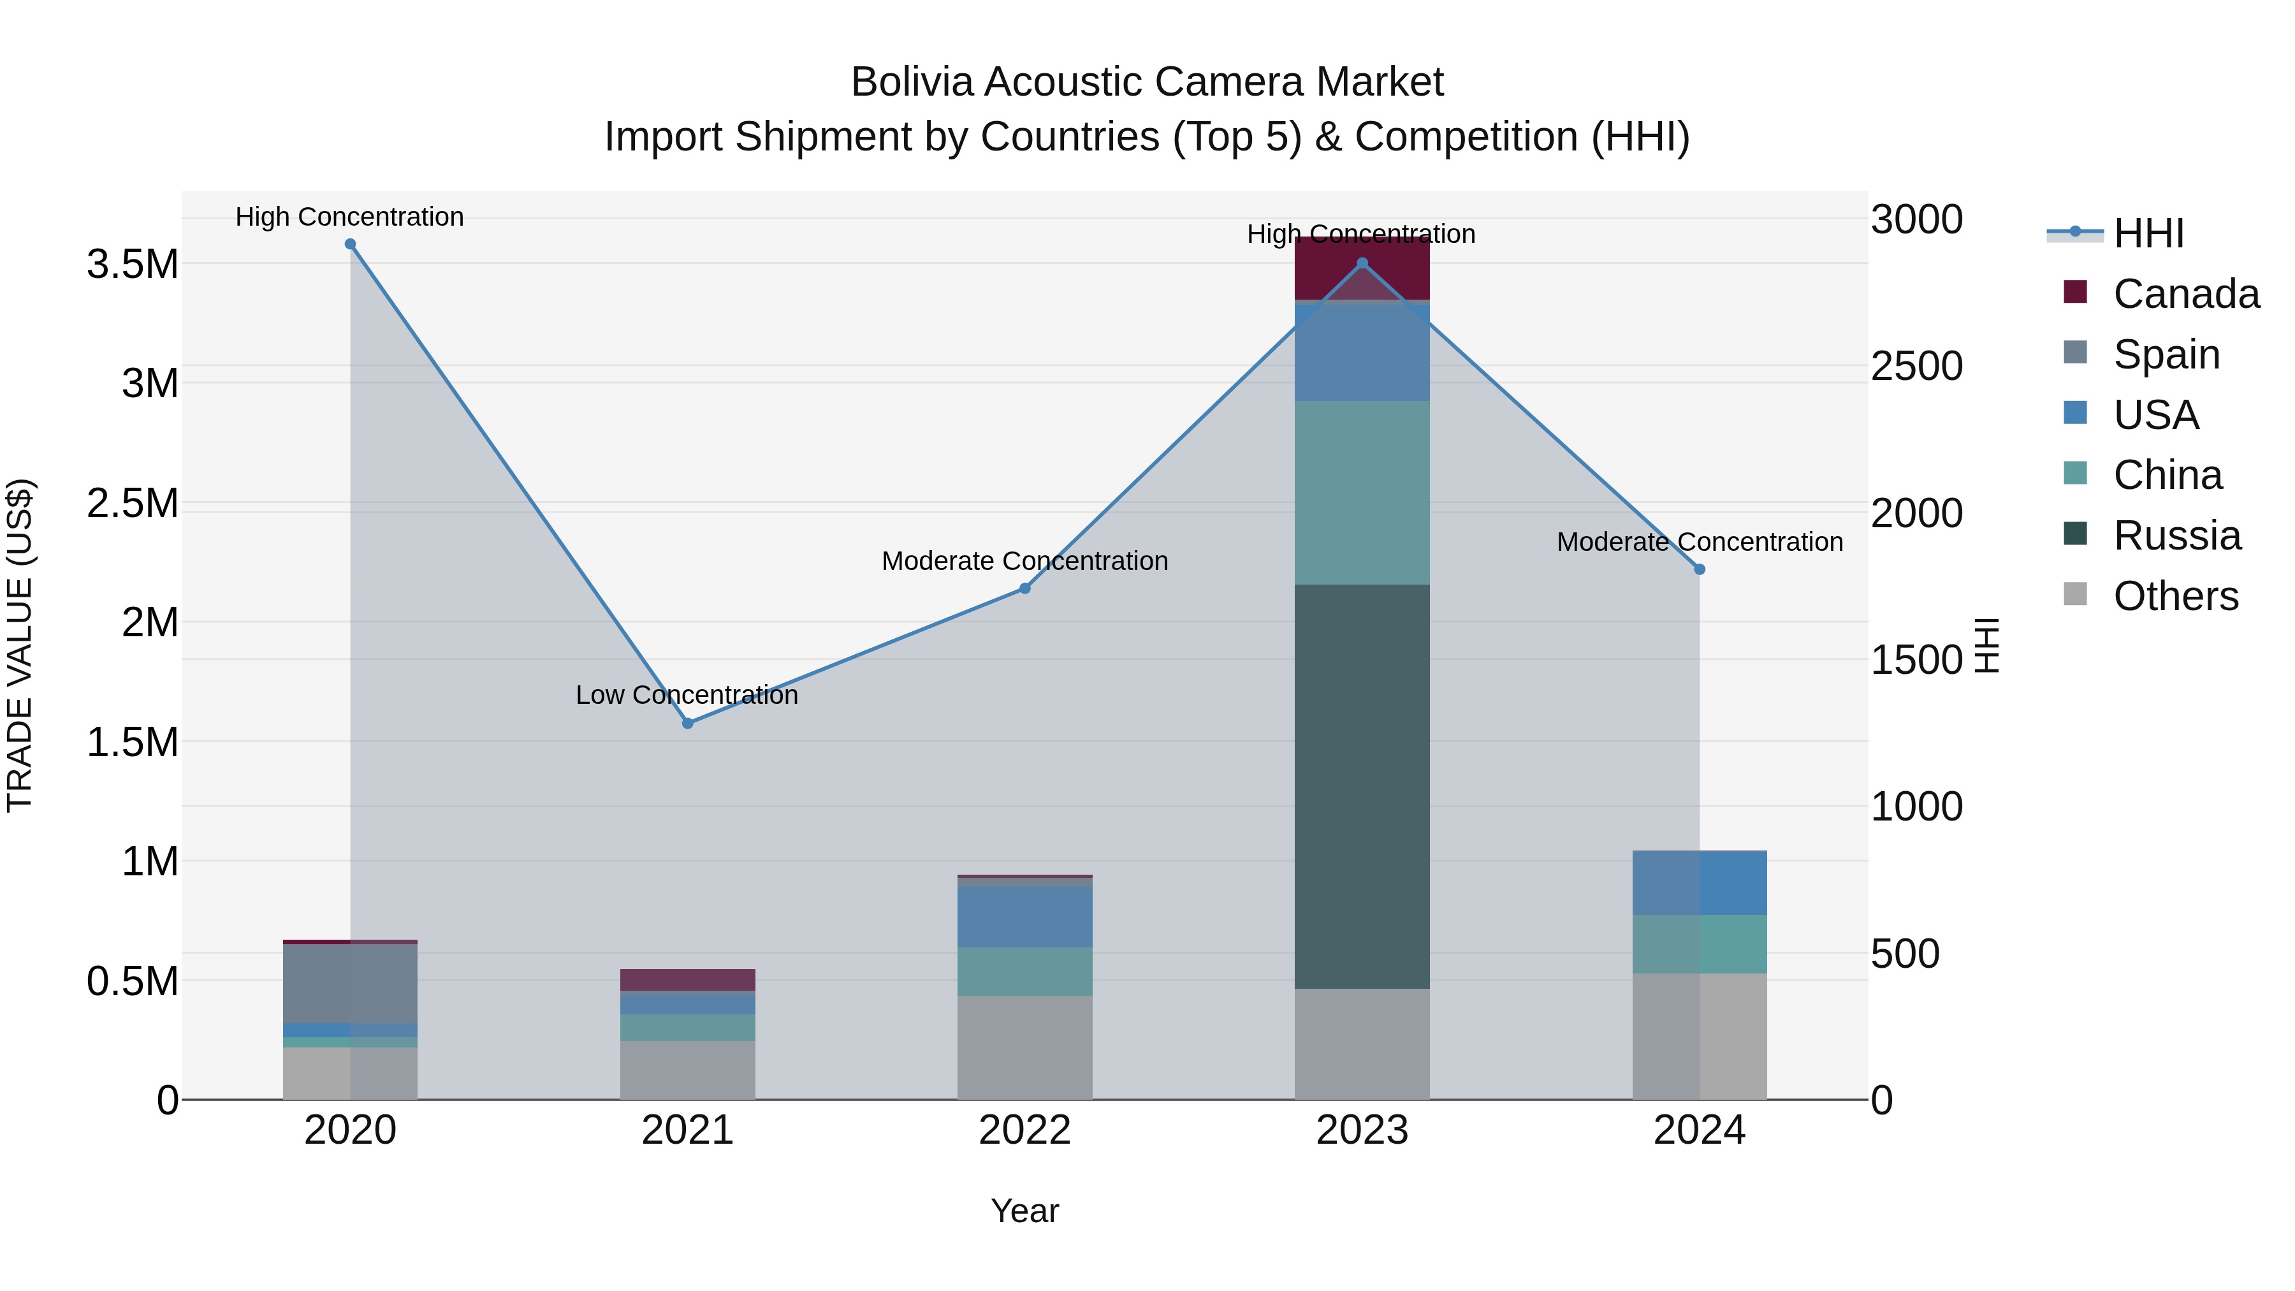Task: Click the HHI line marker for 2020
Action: (350, 244)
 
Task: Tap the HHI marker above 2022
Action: (1024, 588)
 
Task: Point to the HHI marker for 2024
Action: (1699, 569)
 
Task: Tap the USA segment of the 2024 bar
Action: (1699, 882)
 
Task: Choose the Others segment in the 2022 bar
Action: (1024, 1047)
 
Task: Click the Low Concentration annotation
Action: (686, 695)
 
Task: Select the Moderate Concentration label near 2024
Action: (1699, 542)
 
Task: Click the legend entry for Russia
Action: (2176, 536)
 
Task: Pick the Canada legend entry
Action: (2185, 294)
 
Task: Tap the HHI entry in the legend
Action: (2147, 233)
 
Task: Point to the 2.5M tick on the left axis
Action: (132, 504)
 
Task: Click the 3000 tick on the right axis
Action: (1916, 219)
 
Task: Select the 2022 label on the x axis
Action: (1024, 1130)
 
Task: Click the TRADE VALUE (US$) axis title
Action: (20, 645)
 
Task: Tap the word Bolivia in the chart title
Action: (912, 82)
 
